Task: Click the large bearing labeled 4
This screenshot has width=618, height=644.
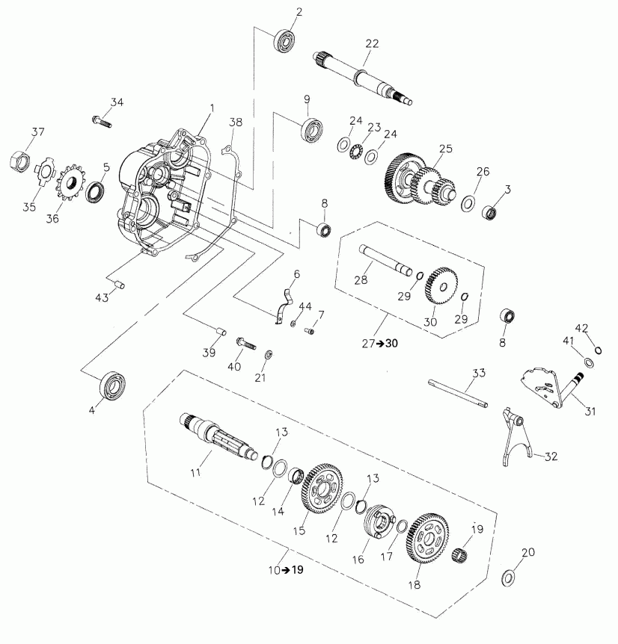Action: coord(112,385)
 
